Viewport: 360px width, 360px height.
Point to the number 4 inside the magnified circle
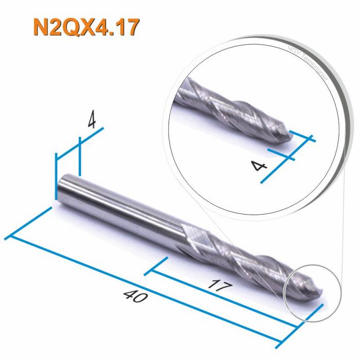point(257,165)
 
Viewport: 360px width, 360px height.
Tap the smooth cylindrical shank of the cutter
point(118,206)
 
